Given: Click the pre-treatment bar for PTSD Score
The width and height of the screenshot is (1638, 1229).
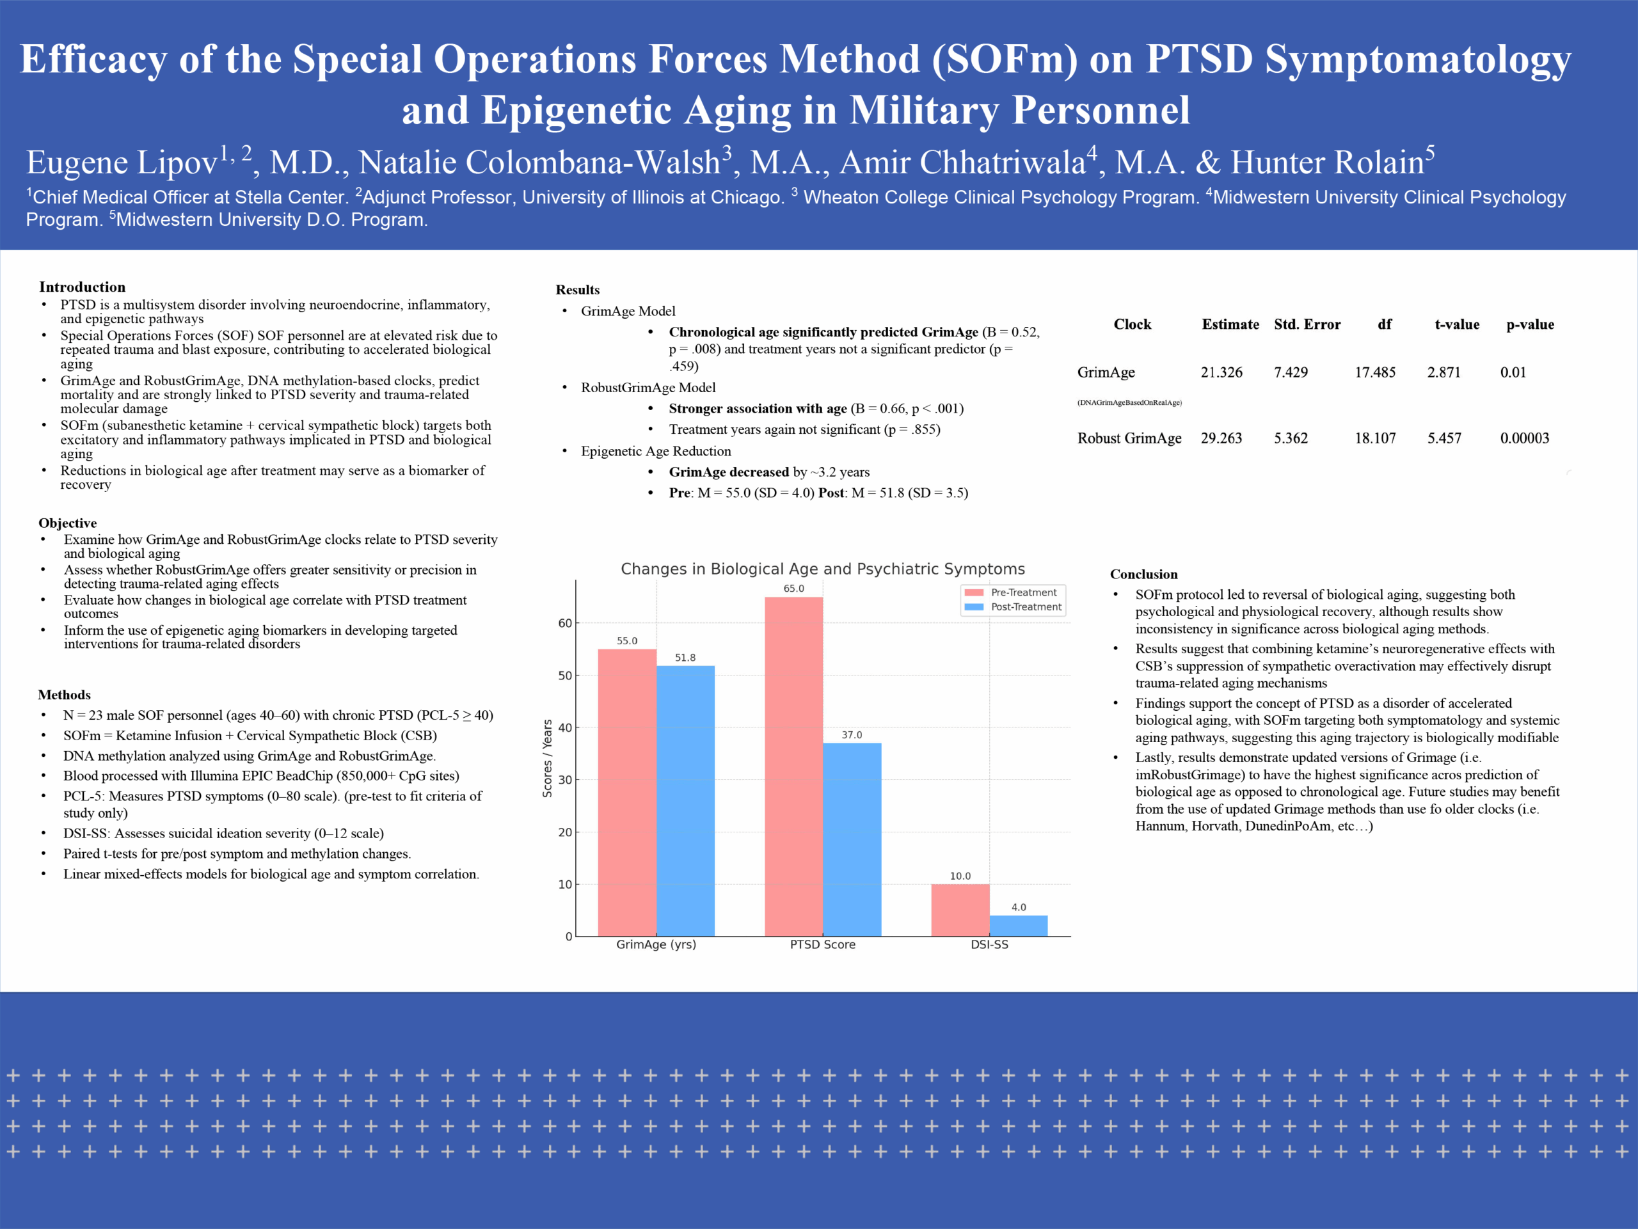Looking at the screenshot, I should [x=793, y=766].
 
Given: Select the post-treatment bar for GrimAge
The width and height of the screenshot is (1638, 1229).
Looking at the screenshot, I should [x=685, y=800].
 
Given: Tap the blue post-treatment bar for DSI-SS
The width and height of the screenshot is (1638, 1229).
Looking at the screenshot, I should [x=1018, y=926].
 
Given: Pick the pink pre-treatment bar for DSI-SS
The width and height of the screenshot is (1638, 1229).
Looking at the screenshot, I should [x=960, y=910].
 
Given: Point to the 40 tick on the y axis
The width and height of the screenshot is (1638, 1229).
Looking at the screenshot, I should [x=565, y=728].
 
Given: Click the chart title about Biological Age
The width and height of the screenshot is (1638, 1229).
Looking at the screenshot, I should [x=822, y=569].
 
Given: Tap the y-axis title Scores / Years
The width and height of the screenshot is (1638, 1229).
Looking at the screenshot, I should [x=547, y=758].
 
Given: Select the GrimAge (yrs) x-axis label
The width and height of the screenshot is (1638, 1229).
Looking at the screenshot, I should [x=656, y=945].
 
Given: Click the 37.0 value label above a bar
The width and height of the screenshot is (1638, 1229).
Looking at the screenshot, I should [x=852, y=735].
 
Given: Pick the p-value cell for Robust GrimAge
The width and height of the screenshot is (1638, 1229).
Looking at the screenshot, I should [x=1524, y=438].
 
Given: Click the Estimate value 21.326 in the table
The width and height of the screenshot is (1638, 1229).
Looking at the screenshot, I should [x=1221, y=372].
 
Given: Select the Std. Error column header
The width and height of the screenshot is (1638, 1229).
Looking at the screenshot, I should [x=1307, y=324].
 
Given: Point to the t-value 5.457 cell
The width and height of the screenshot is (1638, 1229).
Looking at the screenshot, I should [x=1444, y=438].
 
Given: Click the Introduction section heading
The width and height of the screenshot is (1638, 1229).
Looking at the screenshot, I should [x=82, y=287].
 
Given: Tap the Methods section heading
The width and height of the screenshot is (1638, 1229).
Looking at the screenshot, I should [x=65, y=694].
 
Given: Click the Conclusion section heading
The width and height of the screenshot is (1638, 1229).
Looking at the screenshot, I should [x=1143, y=574].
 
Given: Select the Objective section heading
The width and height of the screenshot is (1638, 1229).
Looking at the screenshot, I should [x=67, y=523].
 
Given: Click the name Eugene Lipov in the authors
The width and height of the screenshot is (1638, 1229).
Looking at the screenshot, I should [x=122, y=162].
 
